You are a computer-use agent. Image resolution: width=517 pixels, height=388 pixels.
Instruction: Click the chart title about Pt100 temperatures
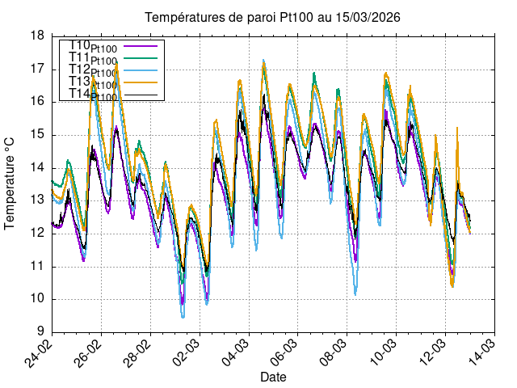[x=271, y=17]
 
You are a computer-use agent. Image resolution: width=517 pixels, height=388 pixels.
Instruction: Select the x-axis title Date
[x=272, y=377]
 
